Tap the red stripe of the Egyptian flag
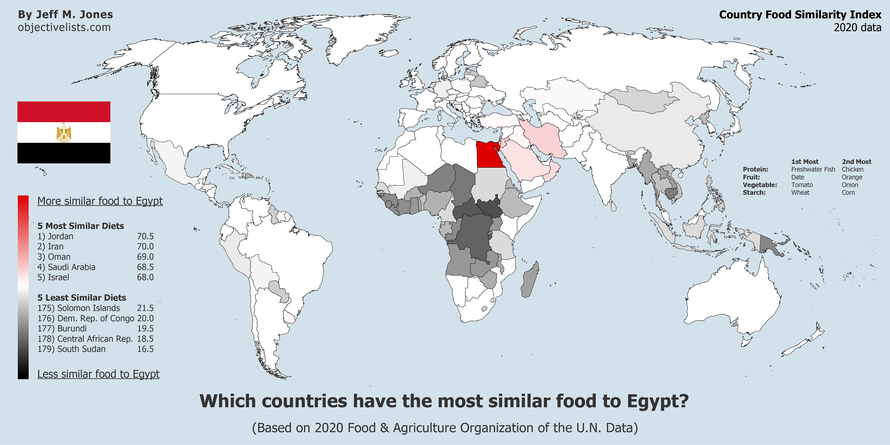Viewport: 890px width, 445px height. coord(64,112)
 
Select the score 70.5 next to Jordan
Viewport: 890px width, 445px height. coord(145,236)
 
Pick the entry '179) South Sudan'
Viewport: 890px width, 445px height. coord(72,349)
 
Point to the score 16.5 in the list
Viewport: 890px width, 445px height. coord(145,349)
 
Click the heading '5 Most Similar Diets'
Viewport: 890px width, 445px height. coord(80,226)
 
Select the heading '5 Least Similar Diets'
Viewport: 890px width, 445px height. coord(82,298)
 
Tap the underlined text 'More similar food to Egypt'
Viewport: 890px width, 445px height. coord(100,201)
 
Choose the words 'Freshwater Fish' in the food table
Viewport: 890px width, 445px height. coord(813,169)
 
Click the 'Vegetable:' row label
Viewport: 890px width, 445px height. coord(760,185)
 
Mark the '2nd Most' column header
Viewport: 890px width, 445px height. coord(857,162)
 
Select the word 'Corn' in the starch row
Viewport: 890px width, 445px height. coord(848,192)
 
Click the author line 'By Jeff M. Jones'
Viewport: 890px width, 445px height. coord(65,15)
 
